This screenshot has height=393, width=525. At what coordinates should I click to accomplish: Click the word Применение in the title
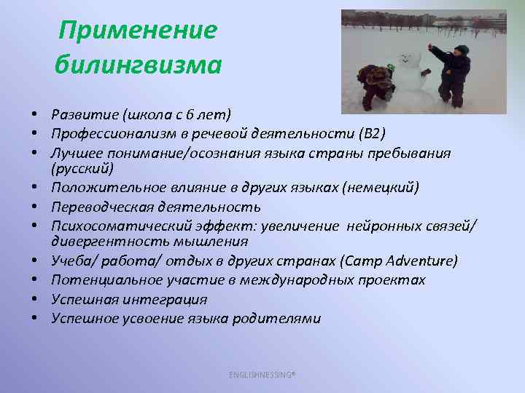click(138, 31)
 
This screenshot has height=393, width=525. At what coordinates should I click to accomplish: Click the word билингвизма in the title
click(138, 65)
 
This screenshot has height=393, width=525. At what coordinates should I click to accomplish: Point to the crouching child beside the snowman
click(376, 84)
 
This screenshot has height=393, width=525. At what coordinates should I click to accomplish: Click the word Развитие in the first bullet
click(85, 114)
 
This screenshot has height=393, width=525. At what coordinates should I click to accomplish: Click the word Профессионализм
click(112, 133)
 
